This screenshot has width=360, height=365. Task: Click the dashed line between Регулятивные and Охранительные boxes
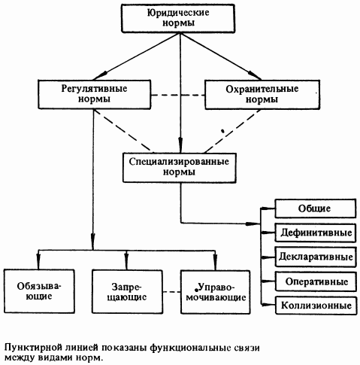(178, 95)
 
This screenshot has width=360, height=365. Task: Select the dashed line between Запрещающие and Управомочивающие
(171, 292)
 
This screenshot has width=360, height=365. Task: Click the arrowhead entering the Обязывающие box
(38, 262)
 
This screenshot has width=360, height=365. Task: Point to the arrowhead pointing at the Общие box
(268, 208)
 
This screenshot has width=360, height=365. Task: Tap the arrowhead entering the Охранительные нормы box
(255, 75)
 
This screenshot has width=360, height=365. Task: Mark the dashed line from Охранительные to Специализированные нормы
(233, 131)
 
